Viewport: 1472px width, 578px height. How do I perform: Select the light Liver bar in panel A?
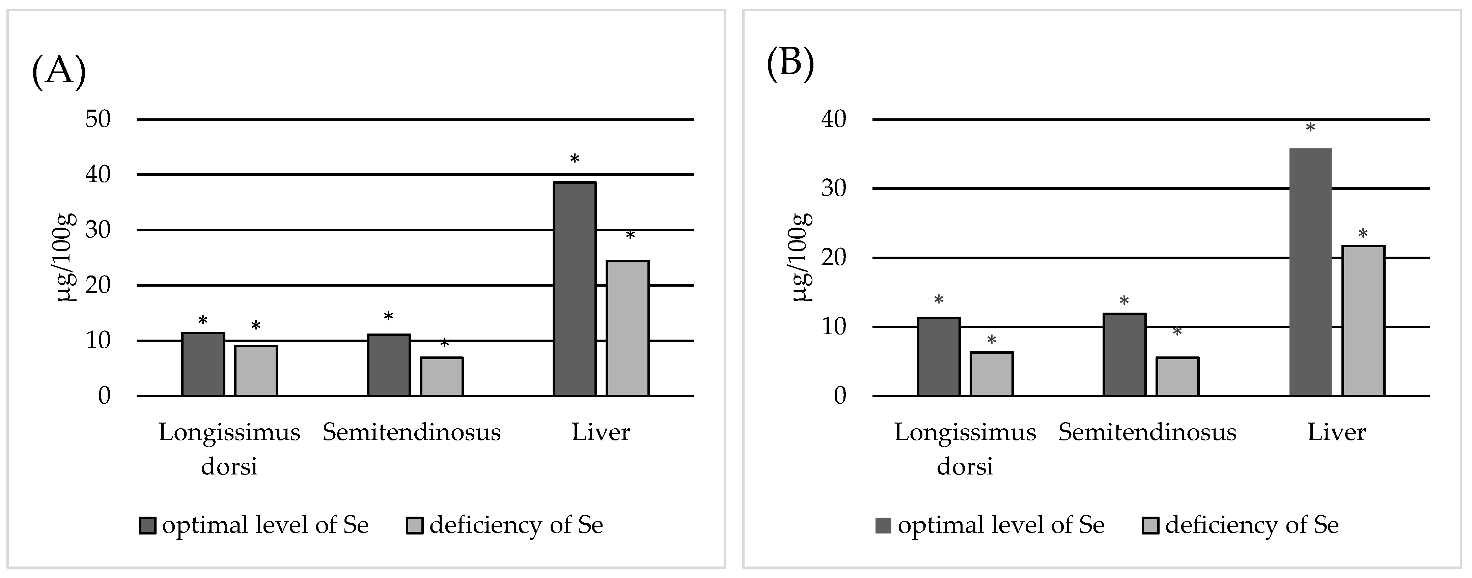(628, 328)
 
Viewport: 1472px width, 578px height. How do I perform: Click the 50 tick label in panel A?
(98, 119)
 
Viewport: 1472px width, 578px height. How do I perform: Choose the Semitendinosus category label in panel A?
(411, 432)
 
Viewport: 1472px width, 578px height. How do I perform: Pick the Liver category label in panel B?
(1337, 432)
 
